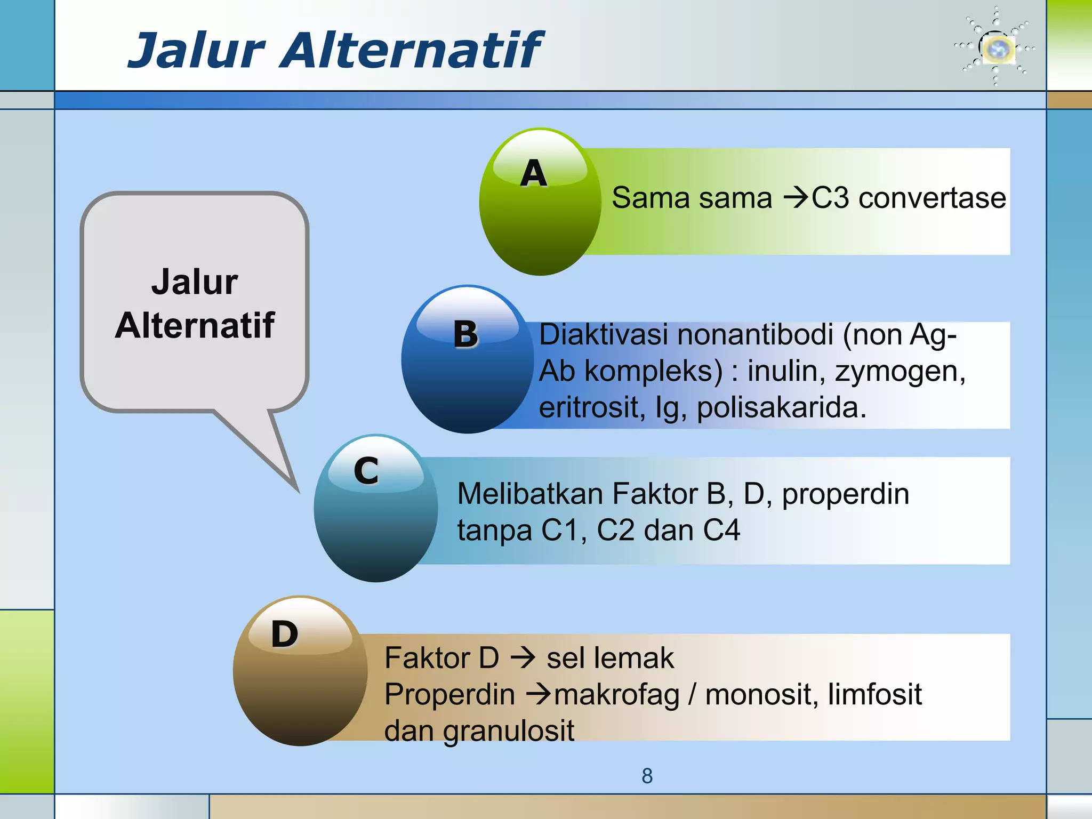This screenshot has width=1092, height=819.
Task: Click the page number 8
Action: [647, 776]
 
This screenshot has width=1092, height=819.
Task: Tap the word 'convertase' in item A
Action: [932, 198]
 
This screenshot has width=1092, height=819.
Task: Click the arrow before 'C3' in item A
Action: [796, 198]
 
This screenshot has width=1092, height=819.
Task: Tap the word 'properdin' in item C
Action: [845, 494]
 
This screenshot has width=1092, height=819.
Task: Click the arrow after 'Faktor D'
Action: [523, 658]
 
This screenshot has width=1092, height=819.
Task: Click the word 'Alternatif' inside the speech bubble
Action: [195, 325]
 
